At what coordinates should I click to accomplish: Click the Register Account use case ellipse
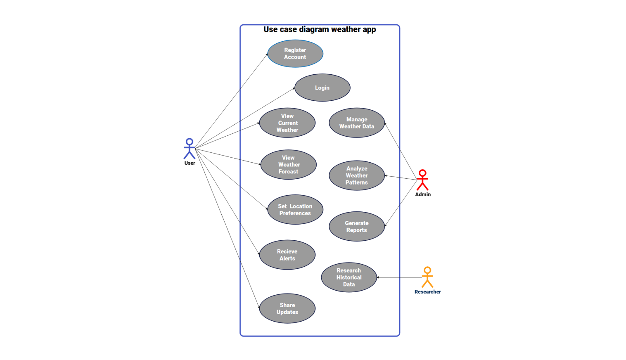point(295,54)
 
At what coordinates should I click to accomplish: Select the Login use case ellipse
point(322,88)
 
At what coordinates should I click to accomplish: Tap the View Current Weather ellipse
point(287,123)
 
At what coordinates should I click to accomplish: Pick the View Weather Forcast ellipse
point(288,165)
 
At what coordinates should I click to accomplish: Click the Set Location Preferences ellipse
point(295,210)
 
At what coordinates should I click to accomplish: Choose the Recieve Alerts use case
point(287,255)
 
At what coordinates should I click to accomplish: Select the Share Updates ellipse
point(287,308)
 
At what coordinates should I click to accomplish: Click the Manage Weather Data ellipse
point(357,123)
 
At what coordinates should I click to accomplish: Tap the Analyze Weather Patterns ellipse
point(357,175)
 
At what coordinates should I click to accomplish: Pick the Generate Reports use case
point(357,227)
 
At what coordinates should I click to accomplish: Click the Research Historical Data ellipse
point(349,277)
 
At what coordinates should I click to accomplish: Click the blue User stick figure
point(190,149)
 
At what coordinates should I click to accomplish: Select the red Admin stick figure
point(422,180)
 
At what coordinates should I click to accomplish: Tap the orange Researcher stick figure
point(427,277)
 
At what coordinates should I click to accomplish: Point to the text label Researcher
point(427,292)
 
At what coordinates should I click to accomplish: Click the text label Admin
point(423,194)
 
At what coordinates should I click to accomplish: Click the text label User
point(190,163)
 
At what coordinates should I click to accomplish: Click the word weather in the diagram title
point(346,30)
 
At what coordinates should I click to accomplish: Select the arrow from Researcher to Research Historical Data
point(398,277)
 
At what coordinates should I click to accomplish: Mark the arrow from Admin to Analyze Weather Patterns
point(401,178)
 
